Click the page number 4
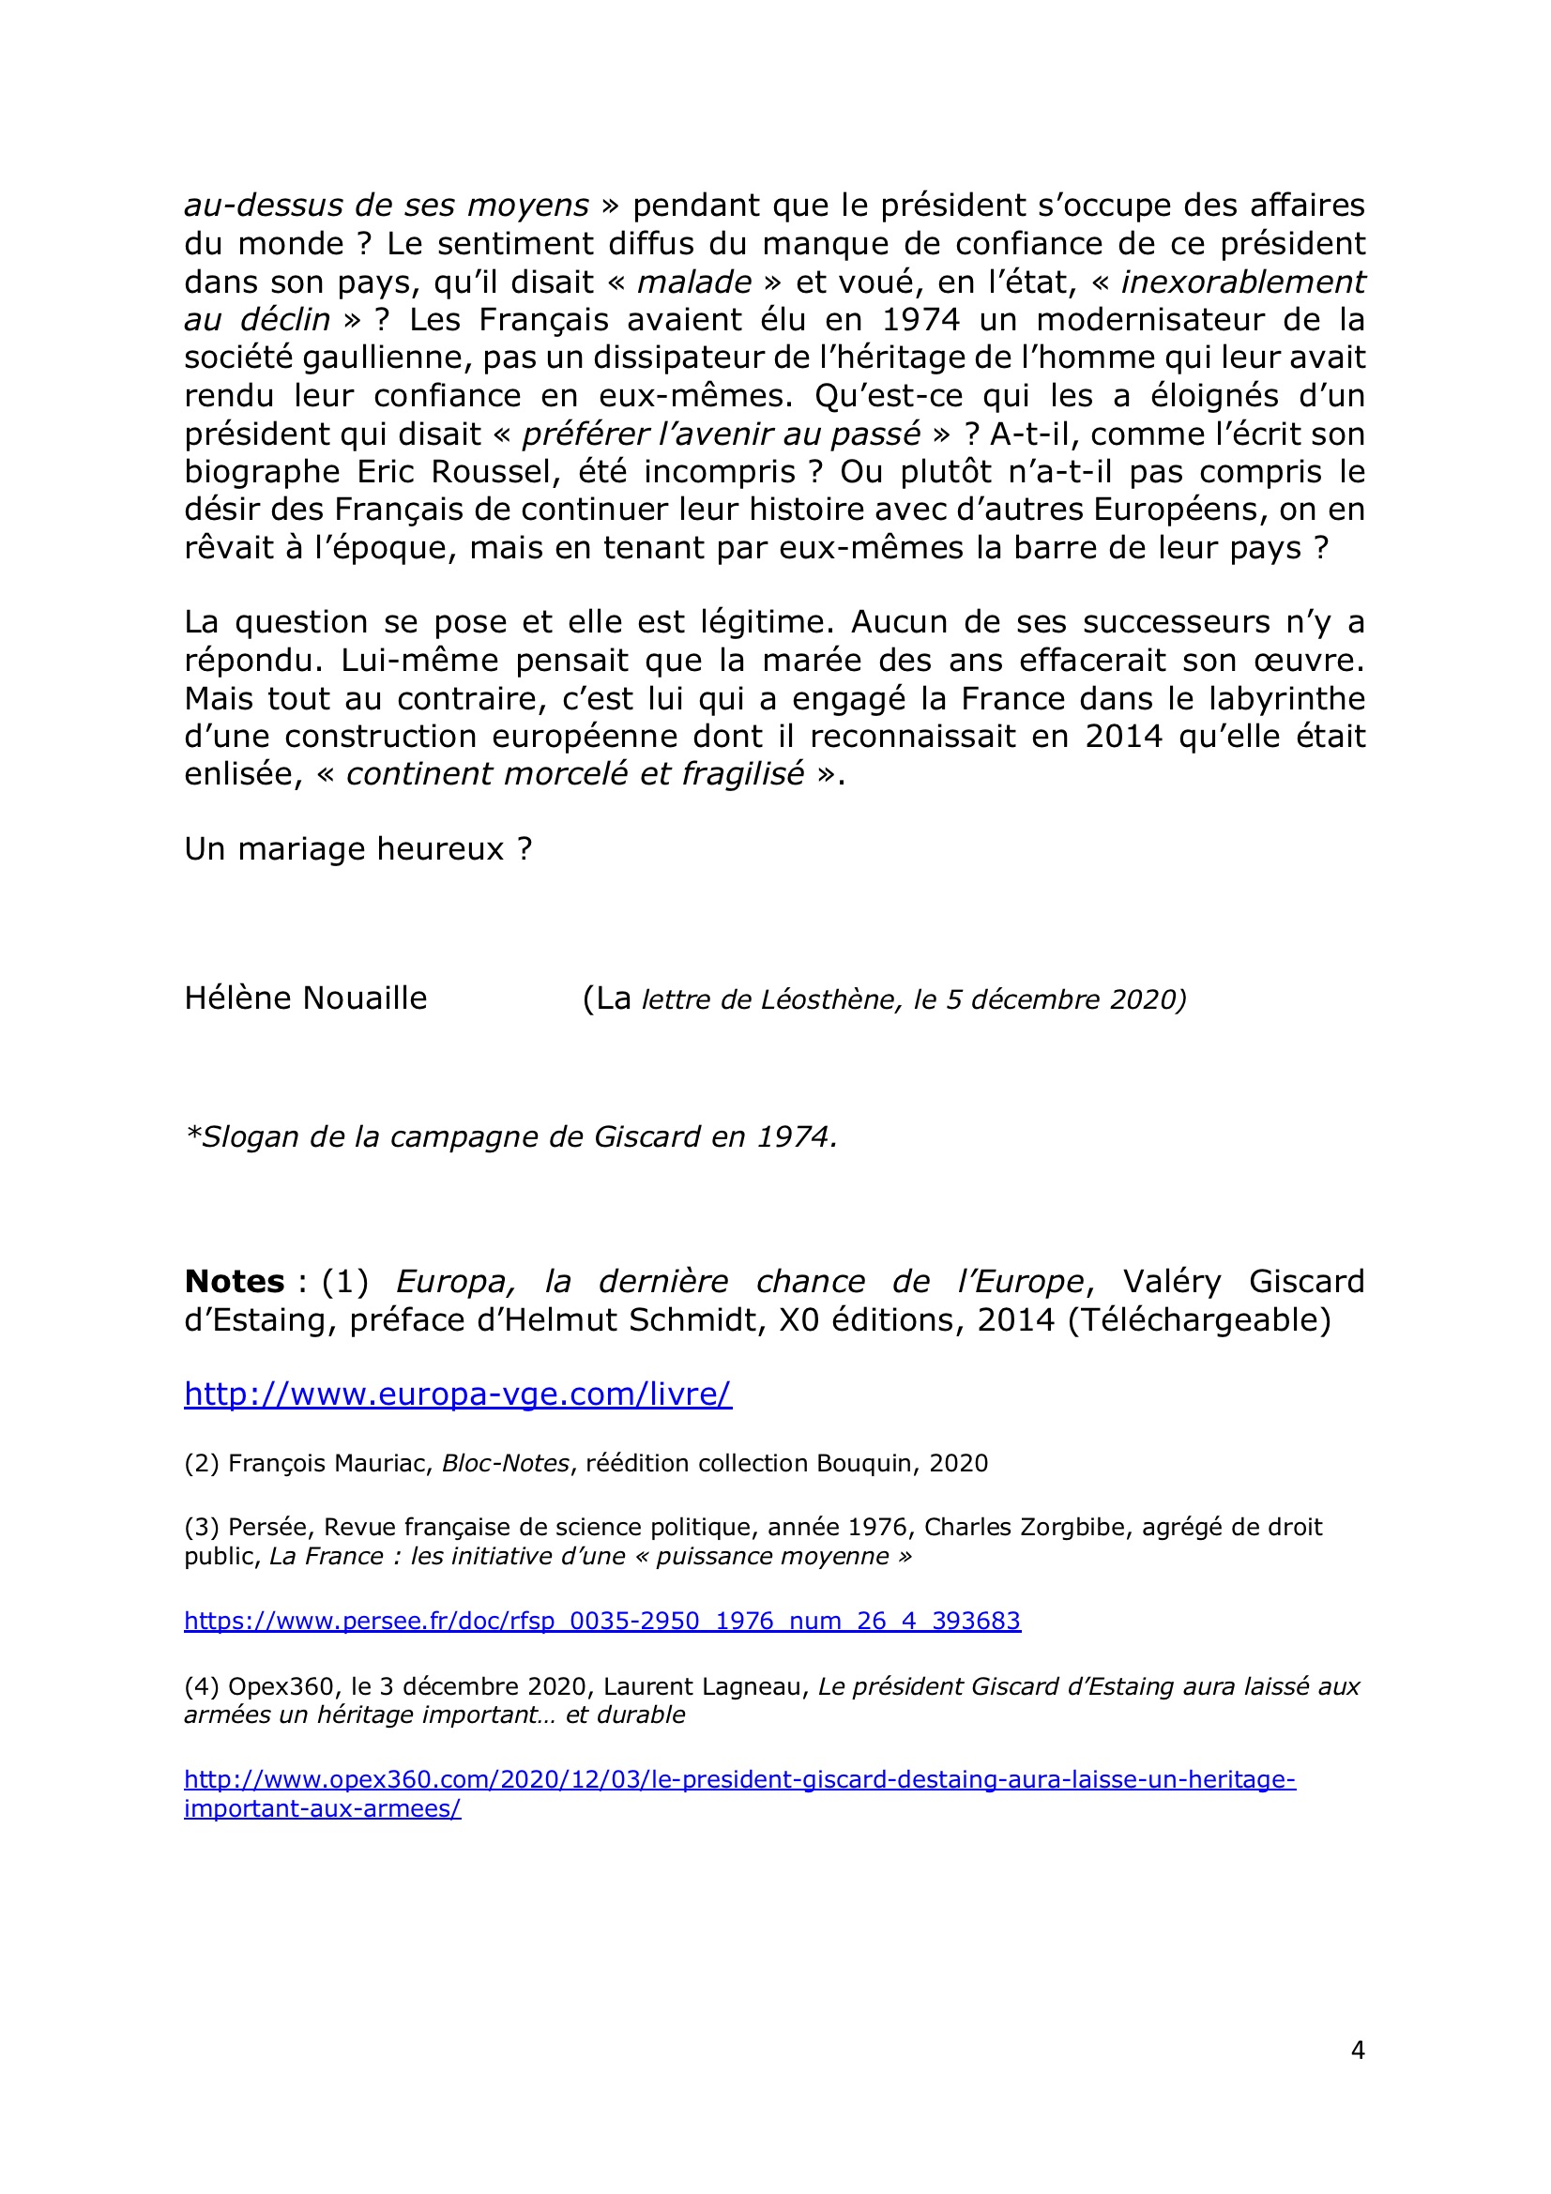[x=1357, y=2049]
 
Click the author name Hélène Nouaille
[x=306, y=998]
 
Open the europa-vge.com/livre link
[x=458, y=1394]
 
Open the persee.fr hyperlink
[x=602, y=1621]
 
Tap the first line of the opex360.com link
[x=739, y=1779]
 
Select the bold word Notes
[x=235, y=1282]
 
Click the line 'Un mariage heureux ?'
[x=358, y=848]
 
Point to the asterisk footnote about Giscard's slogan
[x=511, y=1137]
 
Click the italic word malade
[x=693, y=282]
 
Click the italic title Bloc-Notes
[x=505, y=1463]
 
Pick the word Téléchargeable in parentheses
[x=1199, y=1319]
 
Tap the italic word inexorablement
[x=1242, y=282]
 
